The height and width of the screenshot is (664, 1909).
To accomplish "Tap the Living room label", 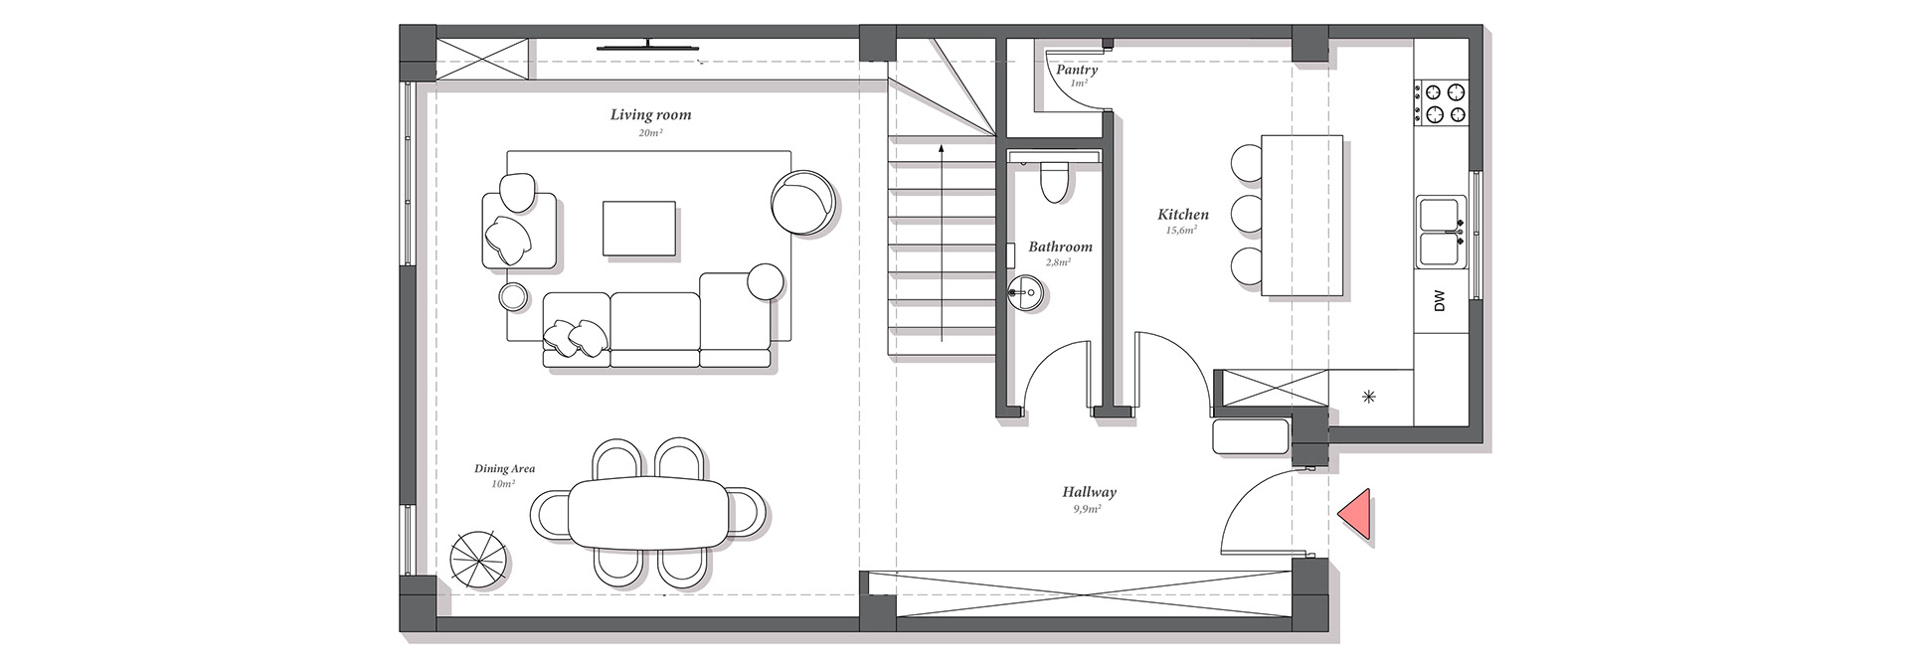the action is pyautogui.click(x=650, y=115).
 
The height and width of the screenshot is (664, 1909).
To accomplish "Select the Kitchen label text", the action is pyautogui.click(x=1183, y=215).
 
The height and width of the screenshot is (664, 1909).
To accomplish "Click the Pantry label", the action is pyautogui.click(x=1077, y=71).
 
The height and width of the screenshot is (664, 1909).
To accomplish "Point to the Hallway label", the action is pyautogui.click(x=1089, y=492).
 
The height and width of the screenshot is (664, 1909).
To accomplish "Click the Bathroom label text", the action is pyautogui.click(x=1060, y=247).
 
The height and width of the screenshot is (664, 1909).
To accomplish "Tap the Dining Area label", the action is pyautogui.click(x=504, y=469).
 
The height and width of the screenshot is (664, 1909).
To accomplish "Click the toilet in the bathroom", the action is pyautogui.click(x=1053, y=180).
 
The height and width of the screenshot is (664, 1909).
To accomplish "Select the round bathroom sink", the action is pyautogui.click(x=1025, y=291).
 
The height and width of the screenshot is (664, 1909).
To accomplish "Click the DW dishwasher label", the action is pyautogui.click(x=1439, y=301).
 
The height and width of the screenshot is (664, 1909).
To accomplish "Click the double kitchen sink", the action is pyautogui.click(x=1442, y=232).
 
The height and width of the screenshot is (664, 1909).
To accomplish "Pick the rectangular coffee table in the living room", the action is pyautogui.click(x=639, y=229).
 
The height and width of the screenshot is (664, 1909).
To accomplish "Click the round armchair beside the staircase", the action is pyautogui.click(x=802, y=203).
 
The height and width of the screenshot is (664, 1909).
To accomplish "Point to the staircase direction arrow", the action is pyautogui.click(x=941, y=243).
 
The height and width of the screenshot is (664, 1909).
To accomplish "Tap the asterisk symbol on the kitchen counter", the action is pyautogui.click(x=1369, y=398).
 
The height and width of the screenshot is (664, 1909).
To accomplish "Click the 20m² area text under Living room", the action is pyautogui.click(x=650, y=133).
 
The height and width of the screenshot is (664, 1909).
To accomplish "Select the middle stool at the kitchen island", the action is pyautogui.click(x=1247, y=214).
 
